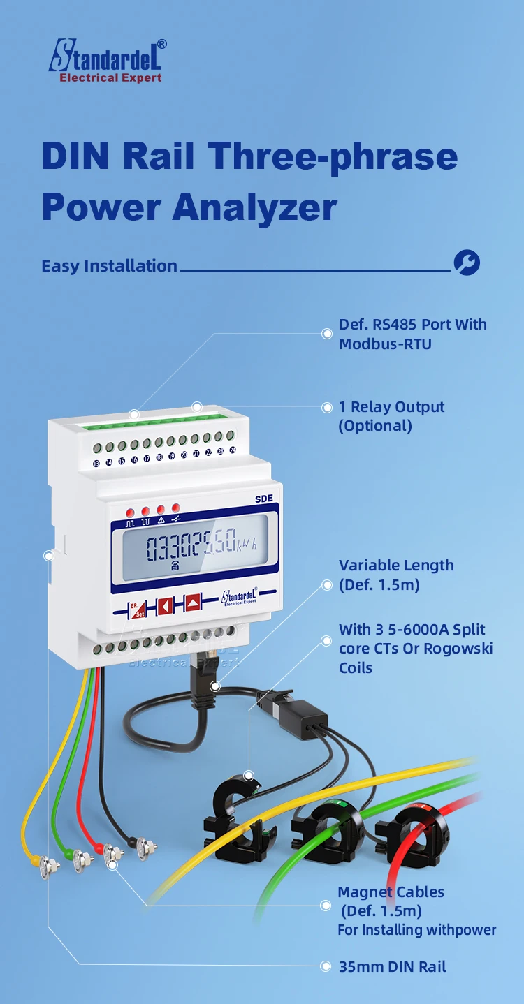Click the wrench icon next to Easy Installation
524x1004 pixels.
point(467,263)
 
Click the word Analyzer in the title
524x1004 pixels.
point(255,207)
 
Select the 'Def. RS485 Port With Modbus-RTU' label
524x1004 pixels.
point(412,334)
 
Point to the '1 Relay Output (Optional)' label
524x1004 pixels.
point(391,416)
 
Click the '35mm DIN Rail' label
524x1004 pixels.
point(392,966)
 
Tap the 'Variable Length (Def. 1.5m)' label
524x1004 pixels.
point(396,575)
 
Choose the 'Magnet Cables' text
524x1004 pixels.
point(391,892)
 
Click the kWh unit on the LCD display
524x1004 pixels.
point(246,546)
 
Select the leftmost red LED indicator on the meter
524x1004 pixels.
point(130,512)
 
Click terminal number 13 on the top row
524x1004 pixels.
point(96,462)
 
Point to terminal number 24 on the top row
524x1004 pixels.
point(233,451)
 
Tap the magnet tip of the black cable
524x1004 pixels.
point(145,848)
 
